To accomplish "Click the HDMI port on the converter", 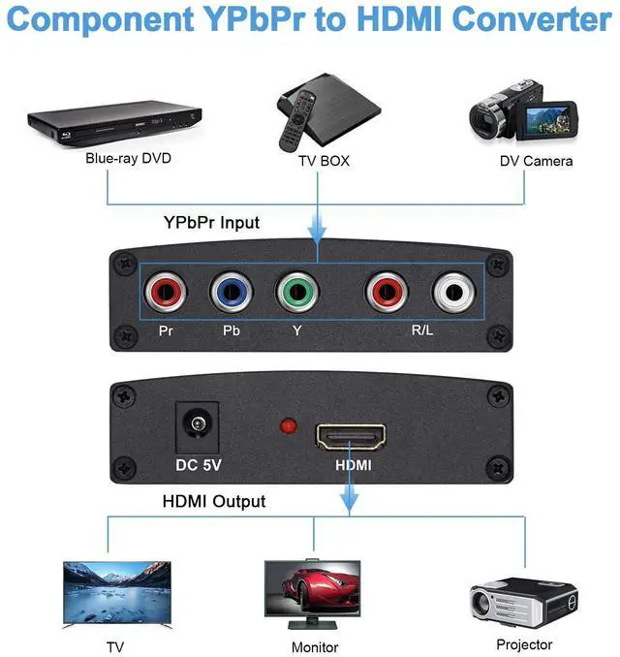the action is (350, 433).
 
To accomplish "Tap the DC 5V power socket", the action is (199, 426).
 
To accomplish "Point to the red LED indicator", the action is (288, 425).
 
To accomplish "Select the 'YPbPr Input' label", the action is (211, 223).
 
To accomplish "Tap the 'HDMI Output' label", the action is (212, 501).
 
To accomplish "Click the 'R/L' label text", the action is (422, 330).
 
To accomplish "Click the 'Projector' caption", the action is (524, 643).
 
